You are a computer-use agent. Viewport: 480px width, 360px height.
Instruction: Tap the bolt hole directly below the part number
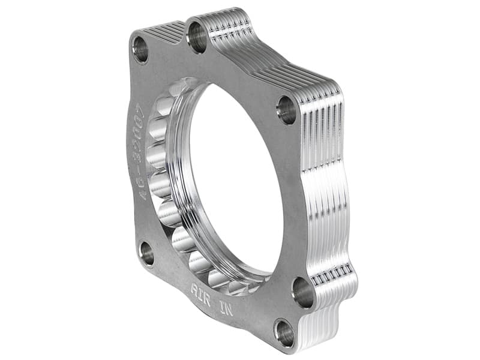[x=146, y=253]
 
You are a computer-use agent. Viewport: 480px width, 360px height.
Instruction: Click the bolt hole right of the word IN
[x=303, y=292]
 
